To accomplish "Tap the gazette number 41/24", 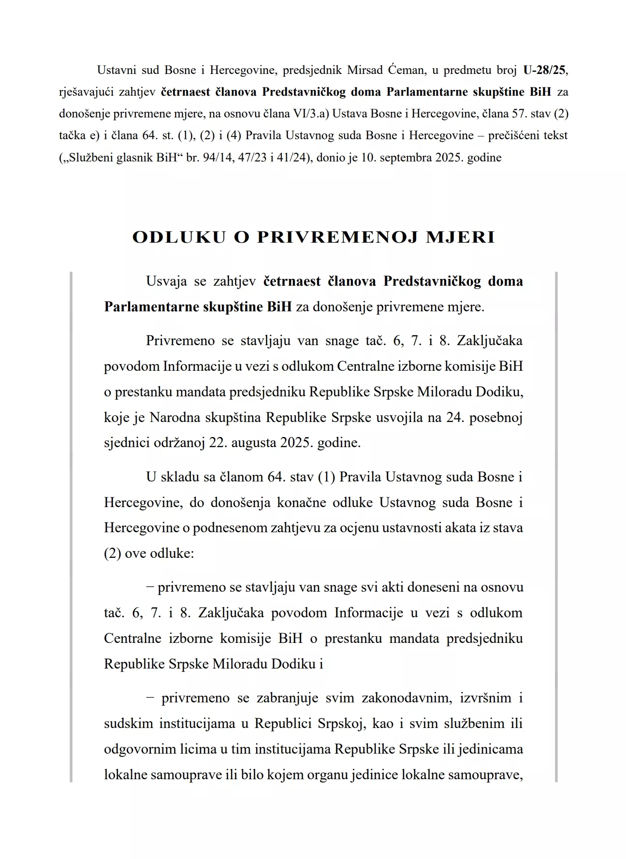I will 292,157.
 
